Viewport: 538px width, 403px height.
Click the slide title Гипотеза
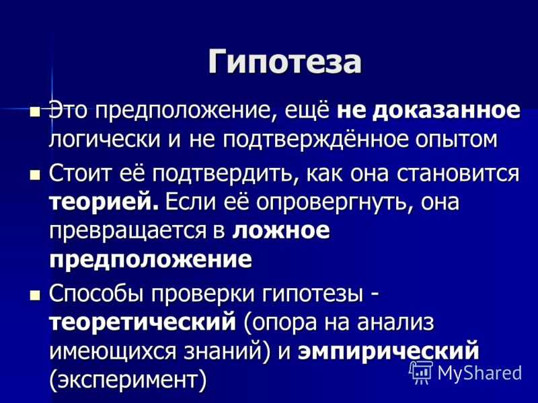284,62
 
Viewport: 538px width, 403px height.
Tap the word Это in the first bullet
70,111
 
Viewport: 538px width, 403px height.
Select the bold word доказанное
447,111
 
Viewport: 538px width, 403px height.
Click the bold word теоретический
143,322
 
